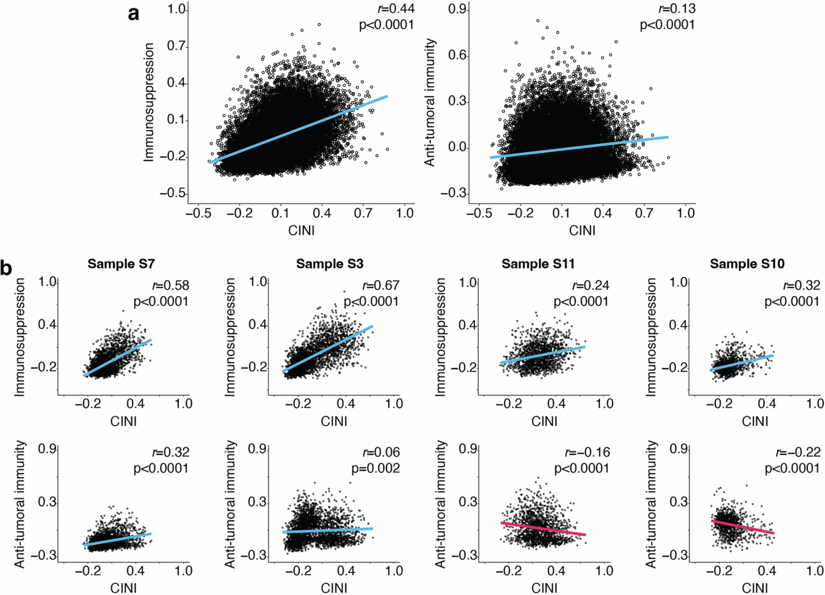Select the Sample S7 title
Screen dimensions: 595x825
coord(121,264)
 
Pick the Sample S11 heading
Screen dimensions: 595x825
coord(538,264)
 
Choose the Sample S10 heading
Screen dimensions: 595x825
coord(747,264)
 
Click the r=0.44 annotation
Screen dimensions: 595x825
coord(391,8)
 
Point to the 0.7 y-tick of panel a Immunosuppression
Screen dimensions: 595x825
coord(176,47)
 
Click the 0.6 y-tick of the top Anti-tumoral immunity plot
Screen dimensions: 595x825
coord(457,56)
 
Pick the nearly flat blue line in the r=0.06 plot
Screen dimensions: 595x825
coord(327,530)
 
